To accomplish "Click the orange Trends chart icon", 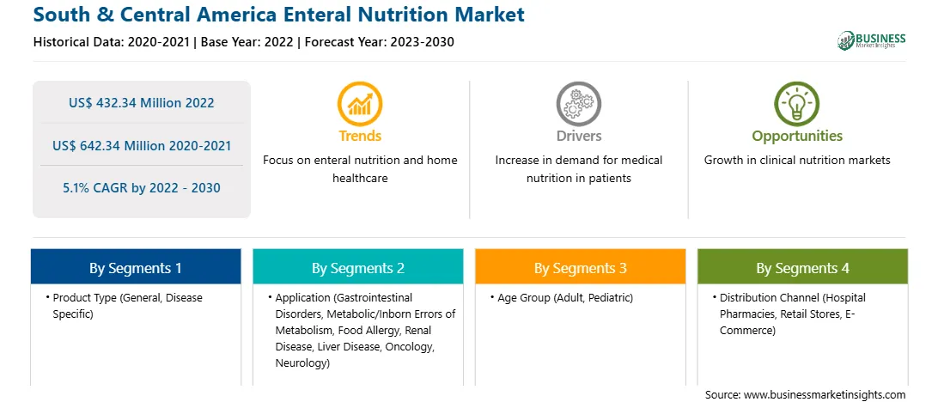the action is click(x=360, y=103).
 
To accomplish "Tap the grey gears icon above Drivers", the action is click(x=578, y=103).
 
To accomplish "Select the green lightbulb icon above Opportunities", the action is click(x=797, y=103).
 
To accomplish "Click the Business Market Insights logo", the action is click(x=872, y=40).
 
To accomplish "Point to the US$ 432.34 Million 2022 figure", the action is click(x=141, y=103).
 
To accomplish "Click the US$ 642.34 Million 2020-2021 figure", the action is click(x=141, y=145).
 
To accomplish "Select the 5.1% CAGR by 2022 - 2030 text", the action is click(x=141, y=188).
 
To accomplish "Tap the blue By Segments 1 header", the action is click(x=136, y=267).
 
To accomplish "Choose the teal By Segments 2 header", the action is click(x=357, y=267).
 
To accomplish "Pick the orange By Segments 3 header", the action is click(x=581, y=267).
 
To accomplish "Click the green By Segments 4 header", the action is click(x=802, y=267).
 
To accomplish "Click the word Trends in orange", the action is click(x=360, y=136).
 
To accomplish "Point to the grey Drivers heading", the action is click(x=579, y=136).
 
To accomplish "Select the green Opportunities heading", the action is click(x=797, y=137).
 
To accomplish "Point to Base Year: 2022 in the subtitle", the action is click(x=247, y=42).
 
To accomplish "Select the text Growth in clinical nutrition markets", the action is click(x=797, y=161).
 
